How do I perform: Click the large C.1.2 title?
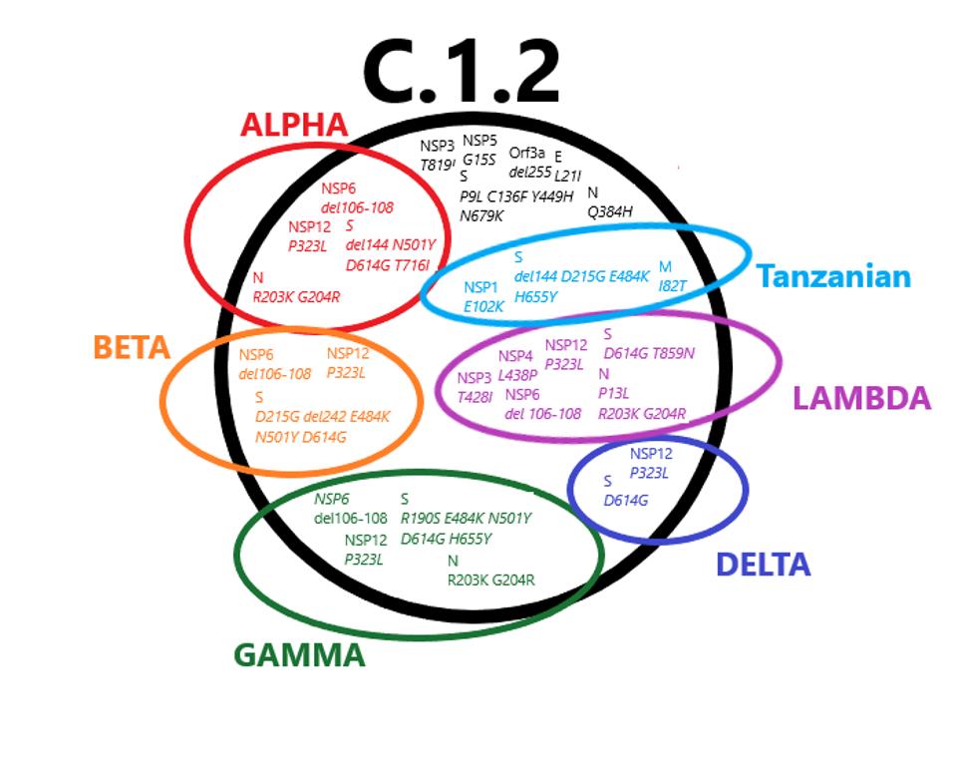(461, 73)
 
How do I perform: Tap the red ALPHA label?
(294, 126)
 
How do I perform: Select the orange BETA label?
(131, 348)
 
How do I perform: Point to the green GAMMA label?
(299, 655)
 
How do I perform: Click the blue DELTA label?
(763, 565)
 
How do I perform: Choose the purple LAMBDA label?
(861, 399)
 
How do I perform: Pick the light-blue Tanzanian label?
(833, 276)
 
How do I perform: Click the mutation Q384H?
(610, 211)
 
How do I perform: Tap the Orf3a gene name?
(526, 153)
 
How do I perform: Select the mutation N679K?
(481, 214)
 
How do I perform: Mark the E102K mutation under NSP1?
(483, 306)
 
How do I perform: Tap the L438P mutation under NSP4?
(517, 374)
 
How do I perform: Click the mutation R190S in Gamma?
(420, 519)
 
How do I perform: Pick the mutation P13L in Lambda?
(613, 393)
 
